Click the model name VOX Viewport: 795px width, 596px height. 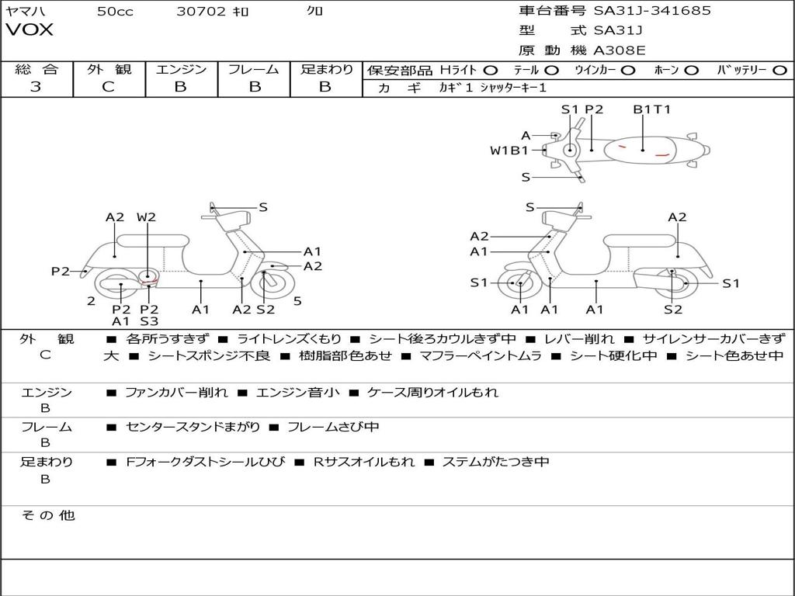(x=30, y=30)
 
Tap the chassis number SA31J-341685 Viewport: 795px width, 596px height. (x=652, y=11)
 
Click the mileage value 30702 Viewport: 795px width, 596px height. (x=201, y=11)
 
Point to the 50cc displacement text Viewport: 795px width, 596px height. (x=115, y=11)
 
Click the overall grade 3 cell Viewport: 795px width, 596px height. (x=36, y=87)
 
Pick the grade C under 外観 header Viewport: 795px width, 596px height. (x=108, y=87)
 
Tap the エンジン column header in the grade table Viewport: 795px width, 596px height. (x=181, y=69)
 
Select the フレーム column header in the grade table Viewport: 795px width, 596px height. (x=253, y=69)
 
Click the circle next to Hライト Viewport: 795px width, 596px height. (x=491, y=70)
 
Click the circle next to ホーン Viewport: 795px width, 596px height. (x=691, y=70)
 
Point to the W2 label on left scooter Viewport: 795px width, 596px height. (x=146, y=217)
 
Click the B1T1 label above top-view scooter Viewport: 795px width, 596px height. (x=651, y=109)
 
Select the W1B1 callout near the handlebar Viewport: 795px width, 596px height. (x=509, y=151)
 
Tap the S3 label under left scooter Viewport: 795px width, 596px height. (x=149, y=321)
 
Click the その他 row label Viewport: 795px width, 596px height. (x=47, y=515)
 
